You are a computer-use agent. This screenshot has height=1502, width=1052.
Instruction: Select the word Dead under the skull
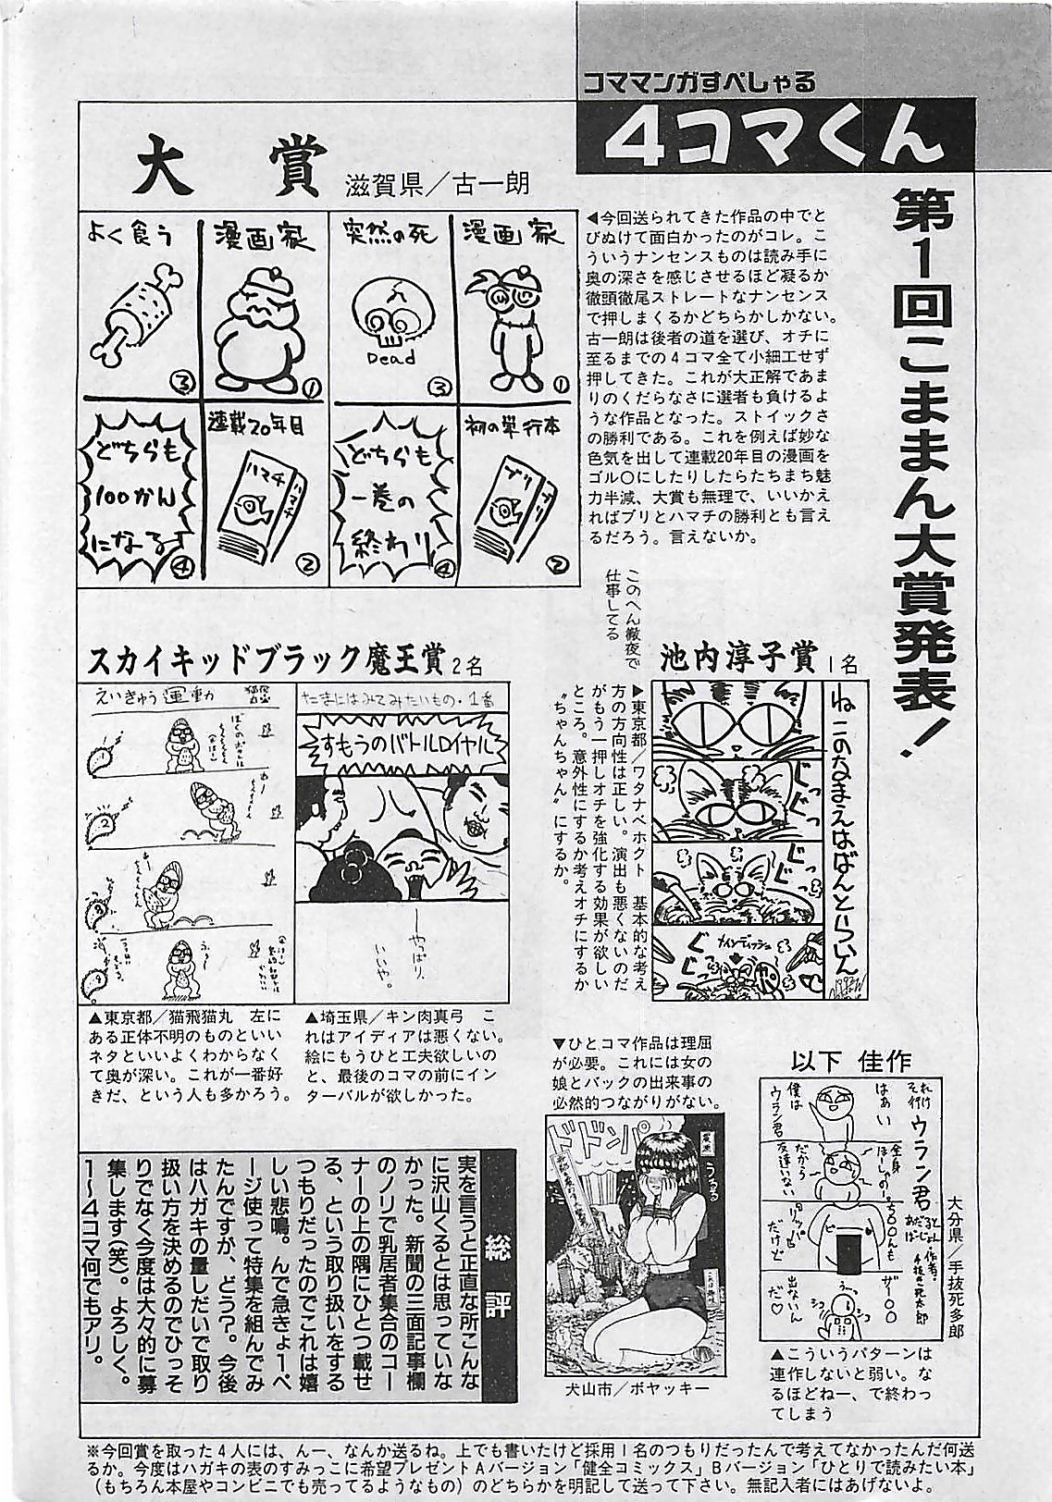point(390,357)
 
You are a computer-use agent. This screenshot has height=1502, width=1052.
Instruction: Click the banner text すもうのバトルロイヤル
point(404,745)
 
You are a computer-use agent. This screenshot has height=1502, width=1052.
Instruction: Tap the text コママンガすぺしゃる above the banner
point(699,82)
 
